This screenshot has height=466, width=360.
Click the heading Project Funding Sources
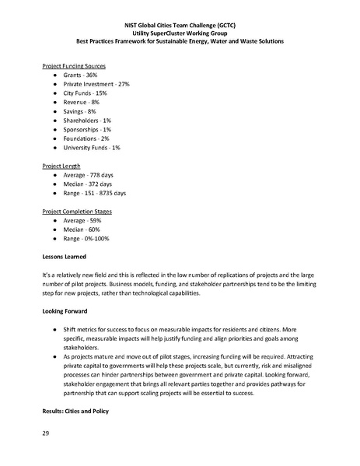tap(73, 66)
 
